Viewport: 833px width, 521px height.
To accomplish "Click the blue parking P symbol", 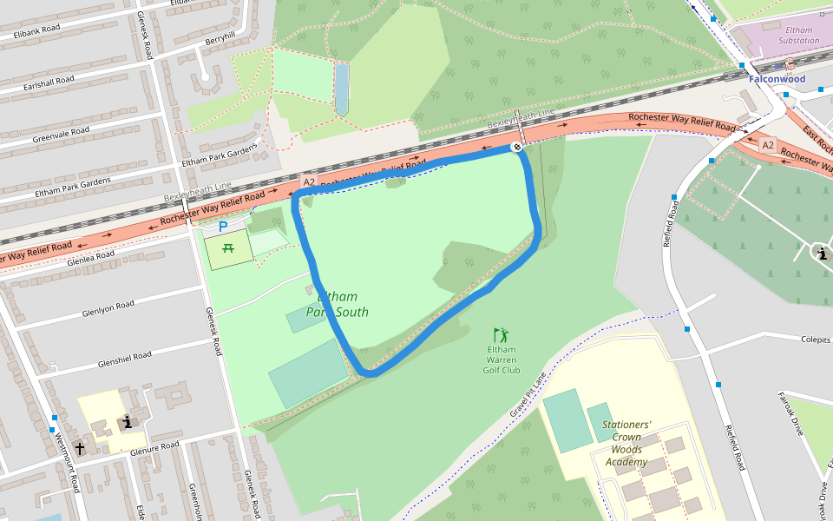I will [x=223, y=227].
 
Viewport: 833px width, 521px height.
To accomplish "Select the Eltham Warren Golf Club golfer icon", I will [x=501, y=335].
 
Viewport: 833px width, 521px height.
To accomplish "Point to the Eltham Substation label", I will [x=798, y=35].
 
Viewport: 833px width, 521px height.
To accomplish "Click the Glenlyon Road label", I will [x=108, y=308].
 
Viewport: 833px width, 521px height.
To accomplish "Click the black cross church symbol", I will [x=80, y=448].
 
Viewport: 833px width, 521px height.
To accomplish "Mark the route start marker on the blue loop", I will [x=515, y=148].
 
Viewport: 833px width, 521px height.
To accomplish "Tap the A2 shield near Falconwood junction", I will [x=767, y=145].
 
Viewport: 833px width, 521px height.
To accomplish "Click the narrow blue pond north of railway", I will [x=342, y=89].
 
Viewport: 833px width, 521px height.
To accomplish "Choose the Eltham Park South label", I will [x=338, y=304].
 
